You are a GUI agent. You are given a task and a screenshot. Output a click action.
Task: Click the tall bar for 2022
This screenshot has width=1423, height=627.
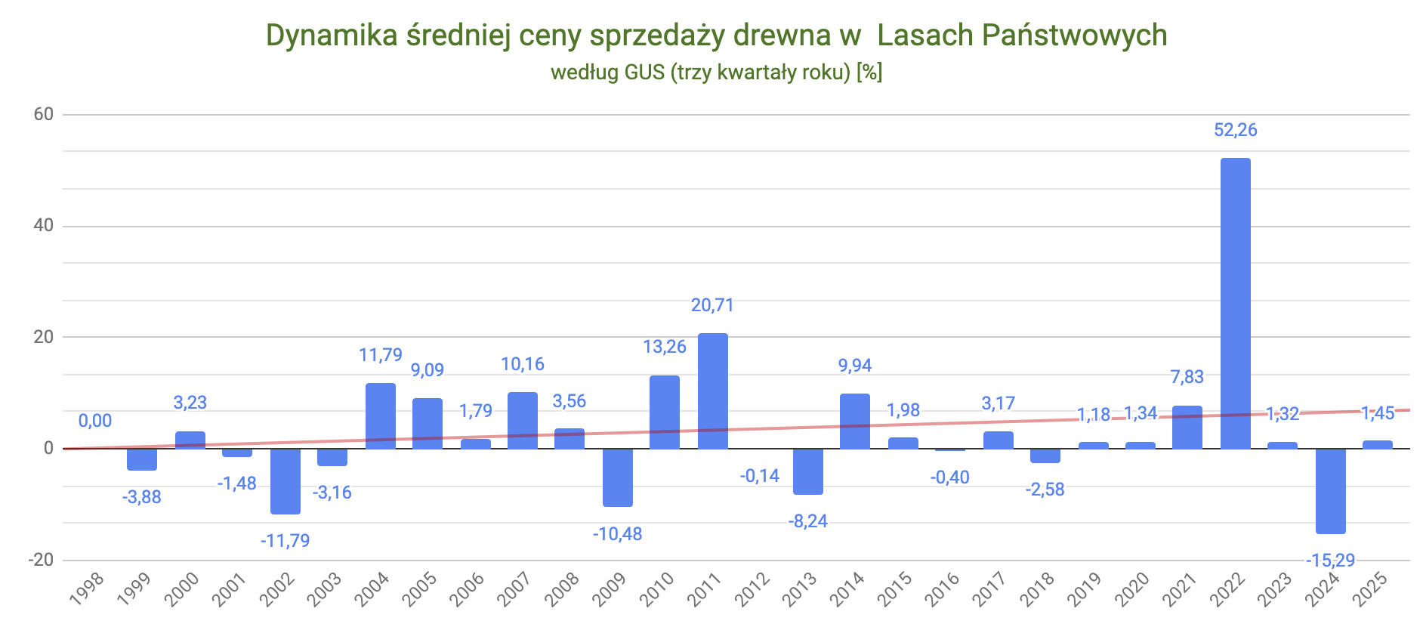(1235, 302)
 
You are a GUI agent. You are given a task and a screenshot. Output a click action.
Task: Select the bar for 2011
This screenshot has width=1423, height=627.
(712, 391)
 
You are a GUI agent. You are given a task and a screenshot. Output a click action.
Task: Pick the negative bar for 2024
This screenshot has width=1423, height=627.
(1330, 491)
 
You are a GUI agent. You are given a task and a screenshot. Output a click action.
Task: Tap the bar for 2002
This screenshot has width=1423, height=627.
(285, 481)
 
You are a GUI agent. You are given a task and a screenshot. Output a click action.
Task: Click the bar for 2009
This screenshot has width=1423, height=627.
(617, 477)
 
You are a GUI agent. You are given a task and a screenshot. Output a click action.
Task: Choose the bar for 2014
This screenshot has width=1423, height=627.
(854, 421)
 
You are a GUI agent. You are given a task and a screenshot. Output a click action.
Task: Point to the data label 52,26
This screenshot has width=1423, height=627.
(1235, 130)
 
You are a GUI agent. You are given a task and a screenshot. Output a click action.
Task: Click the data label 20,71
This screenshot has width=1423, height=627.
(712, 305)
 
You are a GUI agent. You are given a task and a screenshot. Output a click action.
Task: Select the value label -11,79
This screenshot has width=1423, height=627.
(285, 541)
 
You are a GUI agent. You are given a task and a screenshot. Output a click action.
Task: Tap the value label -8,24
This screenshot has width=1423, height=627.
(807, 521)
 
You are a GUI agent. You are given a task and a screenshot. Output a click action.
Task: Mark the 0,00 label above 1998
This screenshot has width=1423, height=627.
(95, 421)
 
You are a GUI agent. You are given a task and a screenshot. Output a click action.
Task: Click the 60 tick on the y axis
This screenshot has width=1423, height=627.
(44, 114)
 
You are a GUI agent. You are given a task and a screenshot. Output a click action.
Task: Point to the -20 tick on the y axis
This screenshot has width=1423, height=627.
(41, 560)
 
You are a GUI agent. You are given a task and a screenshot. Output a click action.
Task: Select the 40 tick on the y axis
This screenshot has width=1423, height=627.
(44, 225)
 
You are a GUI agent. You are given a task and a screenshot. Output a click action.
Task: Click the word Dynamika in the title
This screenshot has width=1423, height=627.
(332, 36)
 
